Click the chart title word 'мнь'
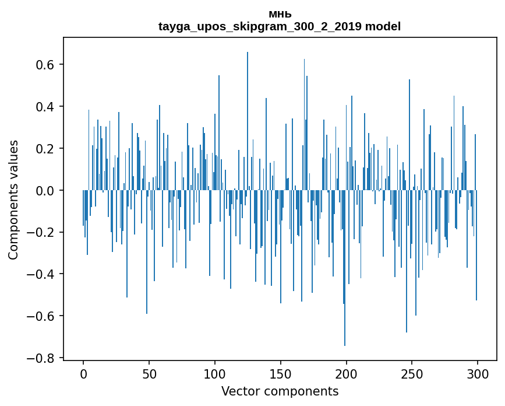tap(280, 14)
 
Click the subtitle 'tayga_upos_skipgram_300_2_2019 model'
tap(280, 26)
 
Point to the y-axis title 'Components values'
tap(13, 199)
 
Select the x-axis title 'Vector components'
tap(280, 391)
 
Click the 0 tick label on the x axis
tap(83, 373)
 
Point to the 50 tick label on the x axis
tap(149, 373)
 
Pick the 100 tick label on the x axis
tap(215, 373)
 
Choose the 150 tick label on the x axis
tap(281, 373)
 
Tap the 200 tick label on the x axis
tap(347, 373)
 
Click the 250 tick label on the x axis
tap(412, 373)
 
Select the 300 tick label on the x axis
tap(478, 373)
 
